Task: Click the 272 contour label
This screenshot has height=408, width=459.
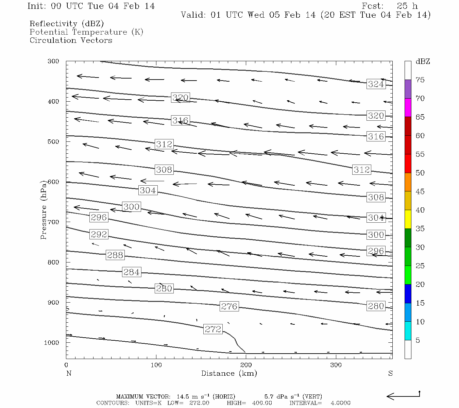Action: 213,329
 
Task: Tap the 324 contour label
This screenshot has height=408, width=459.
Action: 376,84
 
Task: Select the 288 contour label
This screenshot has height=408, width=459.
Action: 115,255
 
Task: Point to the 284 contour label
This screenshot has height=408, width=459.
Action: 131,272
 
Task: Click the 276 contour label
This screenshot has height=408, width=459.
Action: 229,306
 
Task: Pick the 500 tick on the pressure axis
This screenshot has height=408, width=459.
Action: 53,142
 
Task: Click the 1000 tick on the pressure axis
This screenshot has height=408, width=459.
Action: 52,343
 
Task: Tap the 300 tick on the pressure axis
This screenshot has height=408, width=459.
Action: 53,62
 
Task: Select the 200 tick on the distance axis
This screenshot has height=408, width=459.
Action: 246,365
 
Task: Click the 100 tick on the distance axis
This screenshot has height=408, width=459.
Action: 156,365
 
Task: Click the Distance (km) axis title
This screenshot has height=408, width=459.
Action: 229,373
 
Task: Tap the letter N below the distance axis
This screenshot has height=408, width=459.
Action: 69,373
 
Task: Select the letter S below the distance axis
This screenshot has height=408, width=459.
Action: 390,373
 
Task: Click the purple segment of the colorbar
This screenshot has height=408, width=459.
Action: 408,89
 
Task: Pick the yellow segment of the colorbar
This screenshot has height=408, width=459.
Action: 408,219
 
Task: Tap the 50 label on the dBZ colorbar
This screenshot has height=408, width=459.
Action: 420,173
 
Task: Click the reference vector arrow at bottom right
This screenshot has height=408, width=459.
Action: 403,396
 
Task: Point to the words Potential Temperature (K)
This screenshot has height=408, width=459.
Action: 86,32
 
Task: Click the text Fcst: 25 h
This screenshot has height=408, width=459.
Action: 390,6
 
